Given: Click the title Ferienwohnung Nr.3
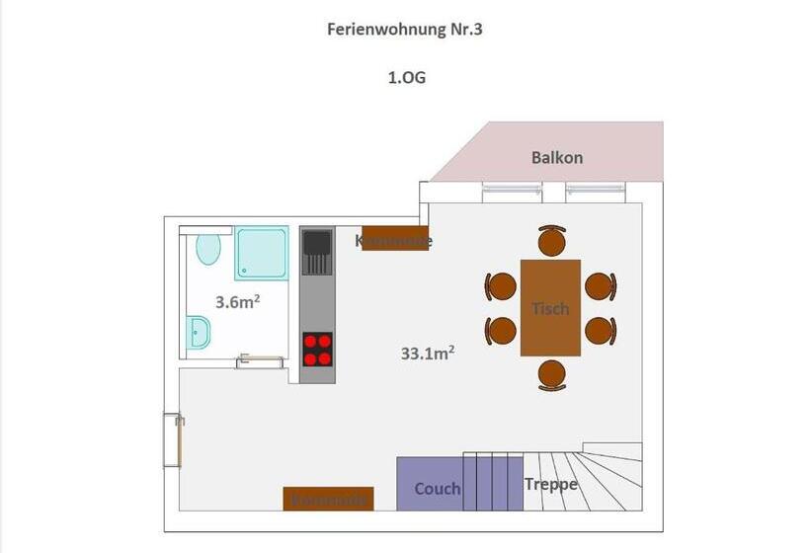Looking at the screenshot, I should click(x=405, y=29).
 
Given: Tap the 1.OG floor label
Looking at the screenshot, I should click(x=406, y=77).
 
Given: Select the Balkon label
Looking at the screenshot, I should click(x=557, y=157).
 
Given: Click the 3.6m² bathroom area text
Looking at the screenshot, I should click(x=237, y=302).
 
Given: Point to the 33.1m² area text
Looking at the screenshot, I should click(x=428, y=352).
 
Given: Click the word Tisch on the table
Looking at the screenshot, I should click(x=550, y=308).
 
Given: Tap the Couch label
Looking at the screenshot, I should click(x=438, y=488).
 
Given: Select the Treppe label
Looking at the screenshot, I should click(x=551, y=484).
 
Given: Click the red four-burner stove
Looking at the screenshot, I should click(x=317, y=350).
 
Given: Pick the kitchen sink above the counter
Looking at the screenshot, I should click(x=317, y=253).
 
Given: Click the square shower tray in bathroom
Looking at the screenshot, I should click(x=262, y=254).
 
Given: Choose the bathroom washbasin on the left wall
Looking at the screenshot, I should click(x=198, y=333).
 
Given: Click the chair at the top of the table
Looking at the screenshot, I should click(x=551, y=241).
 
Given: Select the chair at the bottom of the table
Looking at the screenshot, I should click(x=551, y=374).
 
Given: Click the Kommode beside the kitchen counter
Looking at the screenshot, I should click(x=395, y=239).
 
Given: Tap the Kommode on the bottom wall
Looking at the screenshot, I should click(x=329, y=499).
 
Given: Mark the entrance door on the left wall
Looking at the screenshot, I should click(x=174, y=438).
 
